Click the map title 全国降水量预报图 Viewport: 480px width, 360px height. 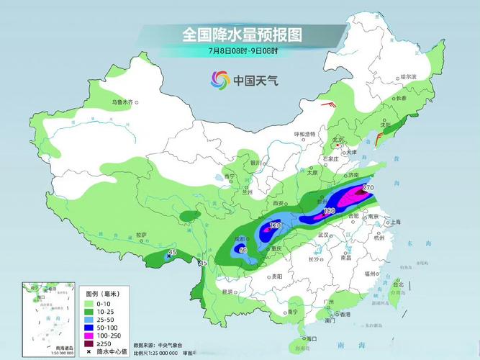point(241,34)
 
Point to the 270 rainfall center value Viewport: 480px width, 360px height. point(369,188)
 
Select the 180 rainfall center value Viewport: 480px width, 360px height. point(330,211)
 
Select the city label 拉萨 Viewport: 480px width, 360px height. point(141,235)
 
